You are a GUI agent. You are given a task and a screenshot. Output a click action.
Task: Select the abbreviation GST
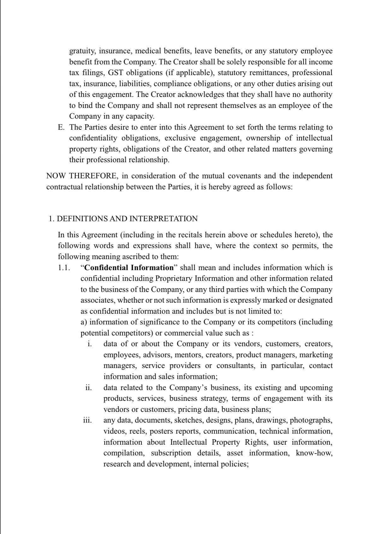click(x=116, y=73)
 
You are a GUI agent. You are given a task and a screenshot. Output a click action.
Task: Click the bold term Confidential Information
click(x=129, y=268)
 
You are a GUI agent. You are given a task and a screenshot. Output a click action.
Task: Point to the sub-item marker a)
click(x=84, y=322)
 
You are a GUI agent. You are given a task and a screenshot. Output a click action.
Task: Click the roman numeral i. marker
click(x=90, y=344)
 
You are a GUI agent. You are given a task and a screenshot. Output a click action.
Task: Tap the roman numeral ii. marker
click(x=89, y=388)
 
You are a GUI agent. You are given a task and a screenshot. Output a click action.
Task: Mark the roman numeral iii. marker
click(x=87, y=420)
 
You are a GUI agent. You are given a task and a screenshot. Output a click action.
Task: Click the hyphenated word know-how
click(x=314, y=453)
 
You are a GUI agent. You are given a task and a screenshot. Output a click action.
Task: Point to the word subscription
click(x=171, y=453)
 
